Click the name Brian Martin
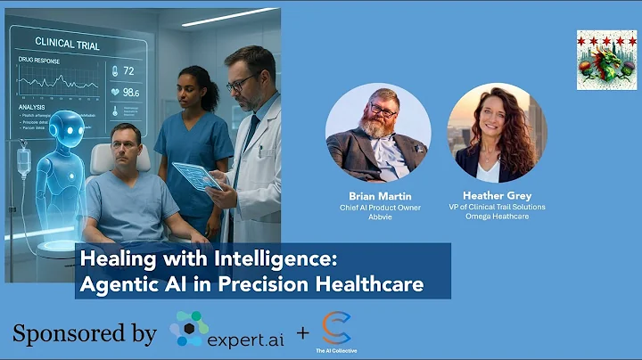tap(378, 194)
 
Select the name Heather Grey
tap(497, 194)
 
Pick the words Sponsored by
tap(85, 333)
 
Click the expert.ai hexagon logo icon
tap(189, 329)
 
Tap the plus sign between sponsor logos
tap(303, 333)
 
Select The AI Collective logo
tap(336, 330)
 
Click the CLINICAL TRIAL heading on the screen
tap(67, 42)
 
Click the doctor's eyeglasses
tap(240, 83)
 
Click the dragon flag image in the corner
tap(606, 60)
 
